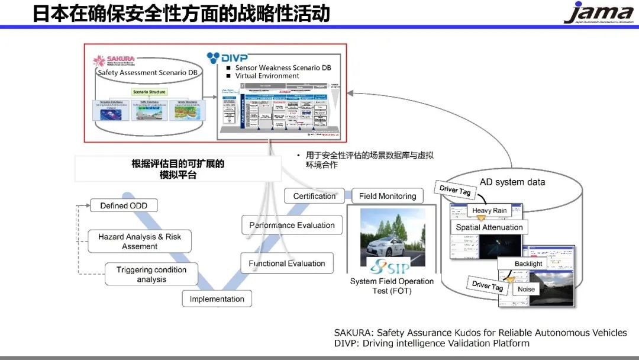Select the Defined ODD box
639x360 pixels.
[x=124, y=205]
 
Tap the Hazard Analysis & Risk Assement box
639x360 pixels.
[x=140, y=241]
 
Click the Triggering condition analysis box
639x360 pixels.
[x=151, y=274]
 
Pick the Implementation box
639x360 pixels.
[x=217, y=299]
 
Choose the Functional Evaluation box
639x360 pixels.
[x=286, y=263]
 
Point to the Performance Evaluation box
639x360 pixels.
[x=292, y=225]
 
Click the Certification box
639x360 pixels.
[x=314, y=196]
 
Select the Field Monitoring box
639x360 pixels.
[x=388, y=196]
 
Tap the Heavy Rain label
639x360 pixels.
[x=489, y=211]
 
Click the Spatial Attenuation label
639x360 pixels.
[x=489, y=227]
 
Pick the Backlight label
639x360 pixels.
[x=528, y=263]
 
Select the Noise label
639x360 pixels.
[x=526, y=289]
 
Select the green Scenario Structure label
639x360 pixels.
[x=149, y=92]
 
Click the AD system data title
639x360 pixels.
[x=512, y=182]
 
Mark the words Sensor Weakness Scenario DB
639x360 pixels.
[x=283, y=67]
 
